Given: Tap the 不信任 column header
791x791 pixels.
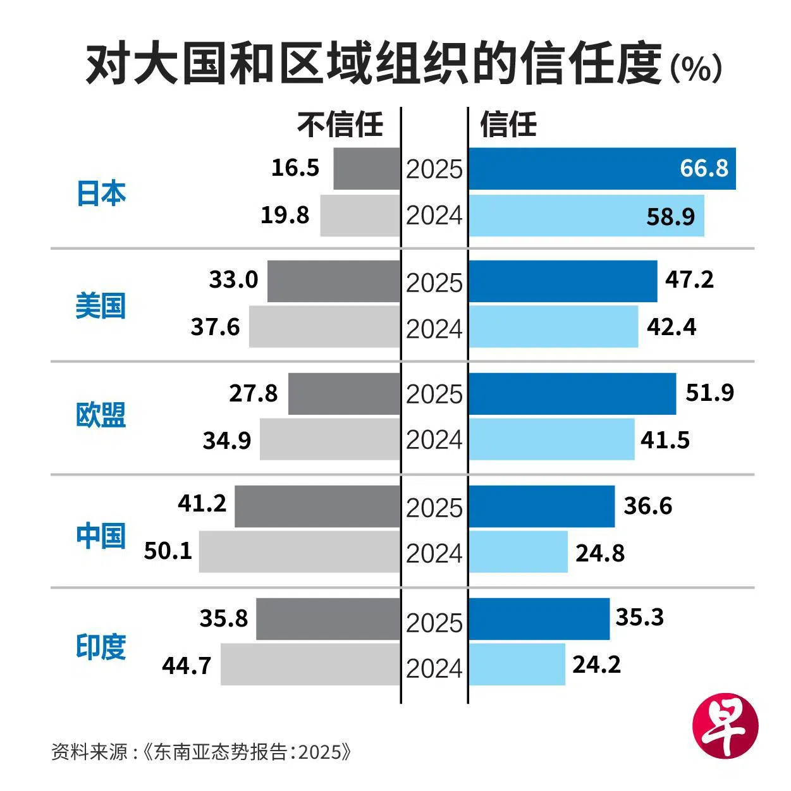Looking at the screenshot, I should click(x=340, y=125).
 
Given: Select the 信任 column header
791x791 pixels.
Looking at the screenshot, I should click(x=508, y=125).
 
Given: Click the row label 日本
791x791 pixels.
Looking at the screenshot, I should click(x=101, y=193).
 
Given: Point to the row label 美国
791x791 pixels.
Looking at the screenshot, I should click(x=101, y=305).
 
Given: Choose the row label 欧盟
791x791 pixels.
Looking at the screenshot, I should click(x=101, y=415).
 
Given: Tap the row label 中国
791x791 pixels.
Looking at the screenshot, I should click(x=101, y=536).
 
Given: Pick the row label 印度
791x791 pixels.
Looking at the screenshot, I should click(x=101, y=646).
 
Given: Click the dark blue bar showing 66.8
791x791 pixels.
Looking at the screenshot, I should click(x=602, y=169).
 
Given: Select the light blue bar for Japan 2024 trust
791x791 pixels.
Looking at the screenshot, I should click(x=586, y=216).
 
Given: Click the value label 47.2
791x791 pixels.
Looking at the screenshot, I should click(x=689, y=279).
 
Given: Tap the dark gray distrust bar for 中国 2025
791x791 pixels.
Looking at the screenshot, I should click(x=317, y=506).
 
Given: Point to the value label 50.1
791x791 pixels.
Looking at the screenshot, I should click(x=168, y=551).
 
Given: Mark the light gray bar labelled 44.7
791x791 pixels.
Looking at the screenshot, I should click(x=310, y=664).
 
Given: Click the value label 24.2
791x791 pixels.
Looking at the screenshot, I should click(x=596, y=665).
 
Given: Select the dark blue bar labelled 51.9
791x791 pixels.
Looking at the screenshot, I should click(x=572, y=393).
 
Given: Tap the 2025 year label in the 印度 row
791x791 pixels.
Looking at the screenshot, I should click(x=434, y=623).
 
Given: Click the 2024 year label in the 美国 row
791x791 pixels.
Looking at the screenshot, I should click(x=434, y=329).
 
